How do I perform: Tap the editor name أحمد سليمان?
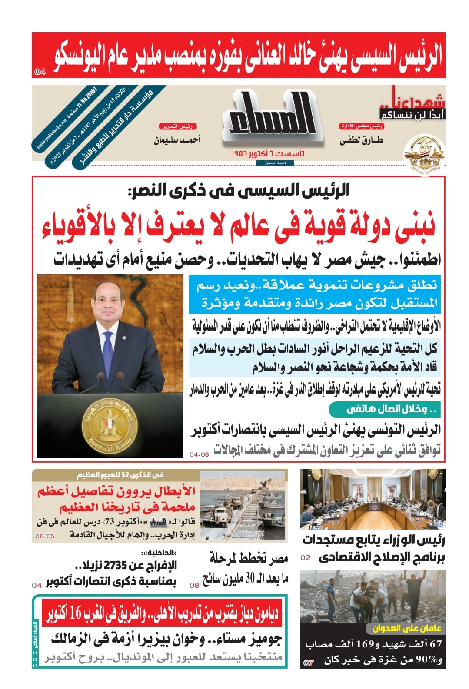click(x=177, y=140)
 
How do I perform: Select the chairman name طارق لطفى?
click(x=361, y=140)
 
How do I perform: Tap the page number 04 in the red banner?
click(x=40, y=72)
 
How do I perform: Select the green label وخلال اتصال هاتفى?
click(x=385, y=409)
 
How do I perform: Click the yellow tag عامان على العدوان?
click(x=407, y=628)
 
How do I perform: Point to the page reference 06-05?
click(x=45, y=536)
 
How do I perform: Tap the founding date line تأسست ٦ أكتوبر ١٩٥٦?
click(x=268, y=154)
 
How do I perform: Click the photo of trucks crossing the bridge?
click(x=243, y=506)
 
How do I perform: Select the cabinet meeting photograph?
click(x=373, y=499)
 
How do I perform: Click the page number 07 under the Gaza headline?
click(x=308, y=663)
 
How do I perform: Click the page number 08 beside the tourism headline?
click(x=194, y=585)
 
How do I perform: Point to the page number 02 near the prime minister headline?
click(x=306, y=557)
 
